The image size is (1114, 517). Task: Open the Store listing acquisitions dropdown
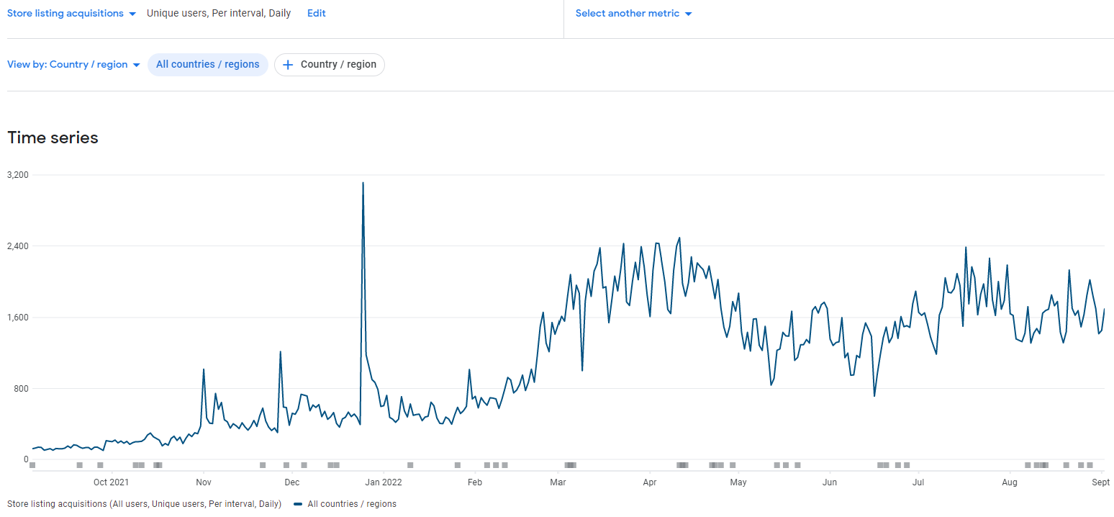click(71, 14)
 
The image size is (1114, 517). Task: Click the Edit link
click(316, 14)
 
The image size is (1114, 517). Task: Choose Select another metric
click(633, 14)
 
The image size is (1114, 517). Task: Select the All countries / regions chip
click(207, 65)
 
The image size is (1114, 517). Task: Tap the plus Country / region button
click(330, 65)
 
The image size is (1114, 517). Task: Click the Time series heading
click(53, 138)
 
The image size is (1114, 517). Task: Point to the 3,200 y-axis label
click(18, 175)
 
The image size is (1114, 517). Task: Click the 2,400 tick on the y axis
click(18, 246)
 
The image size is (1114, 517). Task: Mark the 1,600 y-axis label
click(18, 318)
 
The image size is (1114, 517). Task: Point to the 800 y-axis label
click(22, 389)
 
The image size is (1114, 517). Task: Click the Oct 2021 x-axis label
click(111, 482)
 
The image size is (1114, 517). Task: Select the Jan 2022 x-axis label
click(382, 482)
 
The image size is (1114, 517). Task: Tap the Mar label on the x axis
click(558, 482)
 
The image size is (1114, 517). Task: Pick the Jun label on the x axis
click(830, 482)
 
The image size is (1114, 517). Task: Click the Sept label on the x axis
click(1100, 482)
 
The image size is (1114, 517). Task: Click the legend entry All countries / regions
click(351, 504)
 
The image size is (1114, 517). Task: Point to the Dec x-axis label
click(291, 482)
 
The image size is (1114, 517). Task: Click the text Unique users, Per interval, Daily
click(219, 14)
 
